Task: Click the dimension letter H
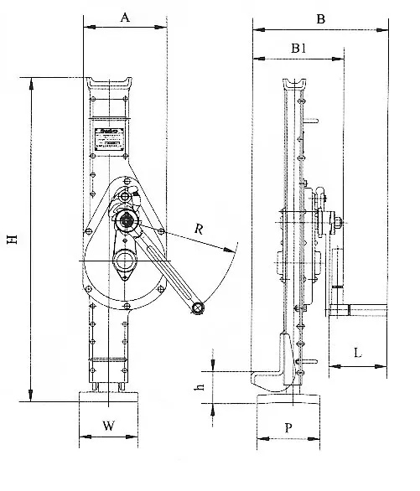pos(12,240)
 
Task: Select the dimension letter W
pos(107,426)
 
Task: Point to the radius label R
pos(198,228)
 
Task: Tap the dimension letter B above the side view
pos(320,17)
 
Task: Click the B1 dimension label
pos(298,49)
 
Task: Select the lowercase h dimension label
pos(200,387)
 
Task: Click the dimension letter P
pos(288,426)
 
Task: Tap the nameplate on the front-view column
pos(106,137)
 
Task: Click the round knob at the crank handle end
pos(198,310)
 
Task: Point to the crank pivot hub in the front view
pos(128,220)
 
